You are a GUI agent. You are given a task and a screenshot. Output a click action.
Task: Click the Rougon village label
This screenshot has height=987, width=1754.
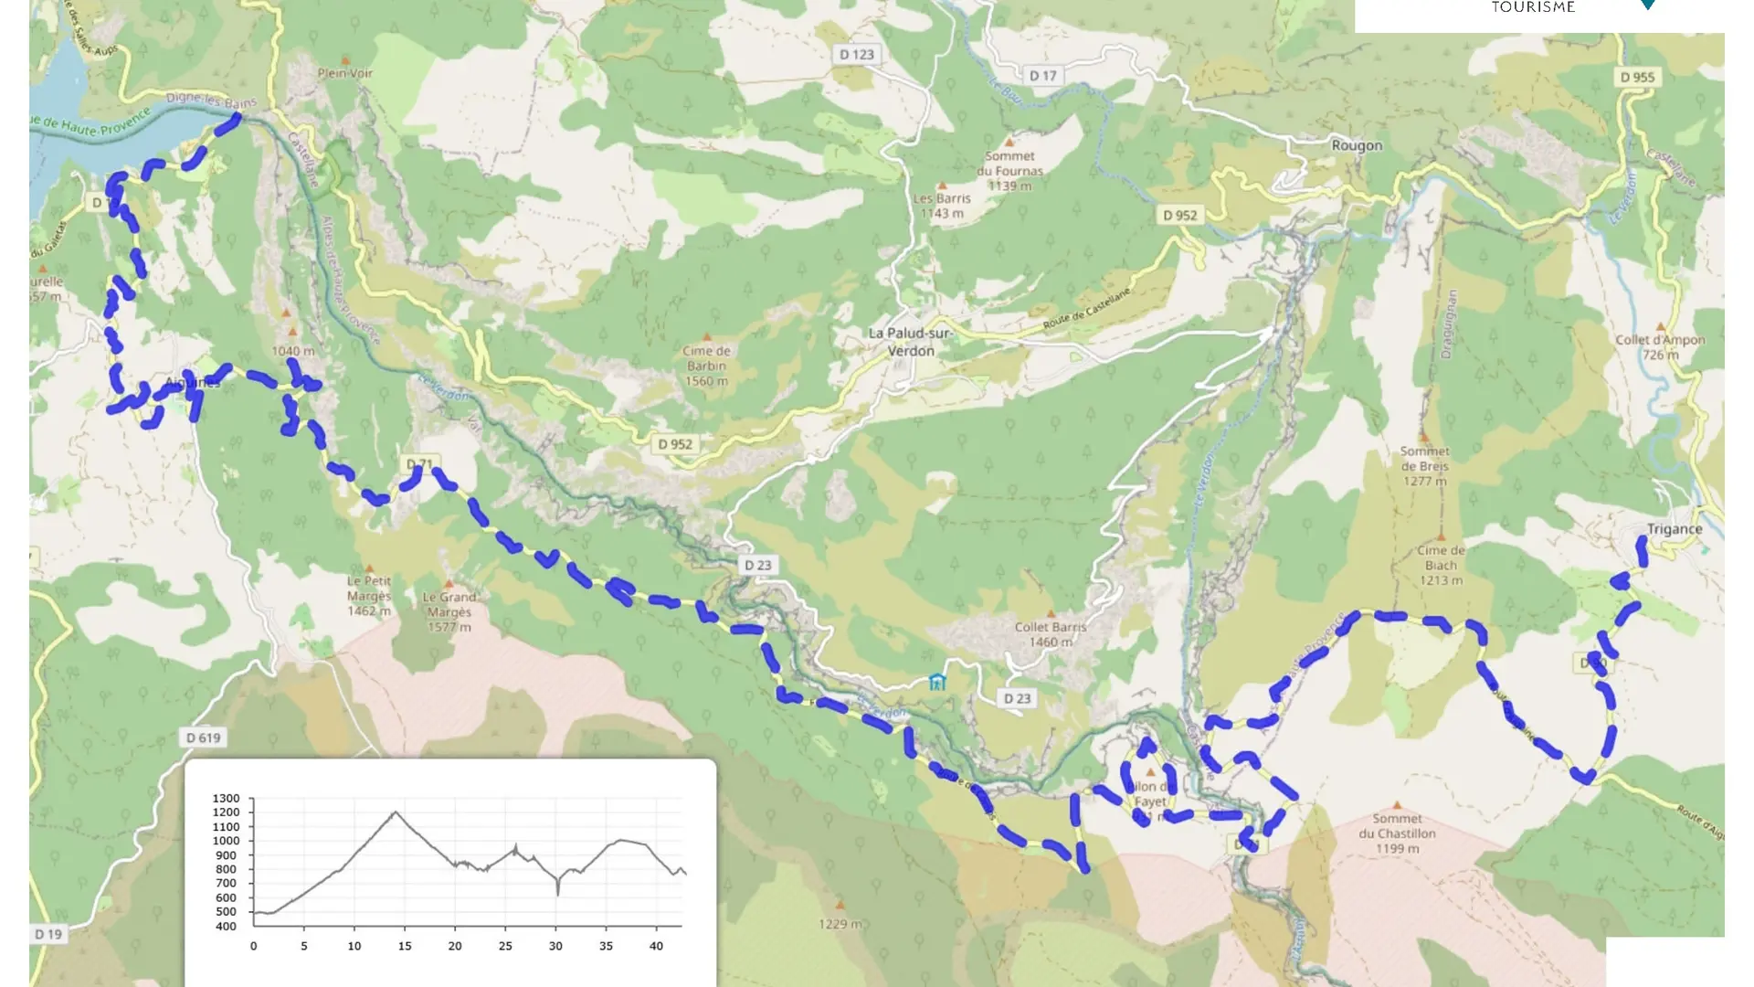1357,145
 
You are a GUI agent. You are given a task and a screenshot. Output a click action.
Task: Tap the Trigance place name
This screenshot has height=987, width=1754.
1674,529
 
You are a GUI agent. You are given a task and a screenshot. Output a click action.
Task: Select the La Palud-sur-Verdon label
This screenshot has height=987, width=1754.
910,342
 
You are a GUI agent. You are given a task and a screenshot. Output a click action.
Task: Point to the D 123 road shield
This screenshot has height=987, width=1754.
857,55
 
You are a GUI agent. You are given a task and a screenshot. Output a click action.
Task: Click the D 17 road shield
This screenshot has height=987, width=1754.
1042,76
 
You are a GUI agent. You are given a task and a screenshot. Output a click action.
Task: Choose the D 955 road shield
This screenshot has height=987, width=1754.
1637,78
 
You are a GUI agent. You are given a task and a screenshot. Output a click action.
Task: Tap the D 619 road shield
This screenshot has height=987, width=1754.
203,738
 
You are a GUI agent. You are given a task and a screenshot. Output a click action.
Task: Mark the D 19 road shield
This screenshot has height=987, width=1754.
48,934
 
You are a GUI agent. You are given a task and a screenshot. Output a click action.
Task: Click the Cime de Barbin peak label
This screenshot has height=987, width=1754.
706,366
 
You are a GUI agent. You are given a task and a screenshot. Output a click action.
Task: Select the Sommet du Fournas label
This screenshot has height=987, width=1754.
1009,171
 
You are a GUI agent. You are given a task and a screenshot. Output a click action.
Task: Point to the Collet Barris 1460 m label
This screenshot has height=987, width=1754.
1051,634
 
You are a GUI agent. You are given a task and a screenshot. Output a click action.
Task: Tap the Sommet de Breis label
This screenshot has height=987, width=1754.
1424,466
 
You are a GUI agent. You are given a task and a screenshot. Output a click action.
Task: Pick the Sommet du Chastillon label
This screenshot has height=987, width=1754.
1397,833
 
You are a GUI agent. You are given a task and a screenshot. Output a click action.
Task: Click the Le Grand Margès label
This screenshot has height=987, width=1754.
449,611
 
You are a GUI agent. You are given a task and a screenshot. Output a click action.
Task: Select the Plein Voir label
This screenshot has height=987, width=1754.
345,73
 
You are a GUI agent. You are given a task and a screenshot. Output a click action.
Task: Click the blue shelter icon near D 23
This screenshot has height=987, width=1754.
936,682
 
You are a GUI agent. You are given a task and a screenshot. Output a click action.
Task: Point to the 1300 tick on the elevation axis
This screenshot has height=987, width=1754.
226,799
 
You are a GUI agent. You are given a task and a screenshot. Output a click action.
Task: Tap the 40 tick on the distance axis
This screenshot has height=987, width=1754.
656,946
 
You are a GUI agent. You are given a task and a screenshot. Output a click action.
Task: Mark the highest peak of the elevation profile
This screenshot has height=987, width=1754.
395,812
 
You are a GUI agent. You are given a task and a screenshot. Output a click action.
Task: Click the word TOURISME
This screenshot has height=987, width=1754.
1533,7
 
